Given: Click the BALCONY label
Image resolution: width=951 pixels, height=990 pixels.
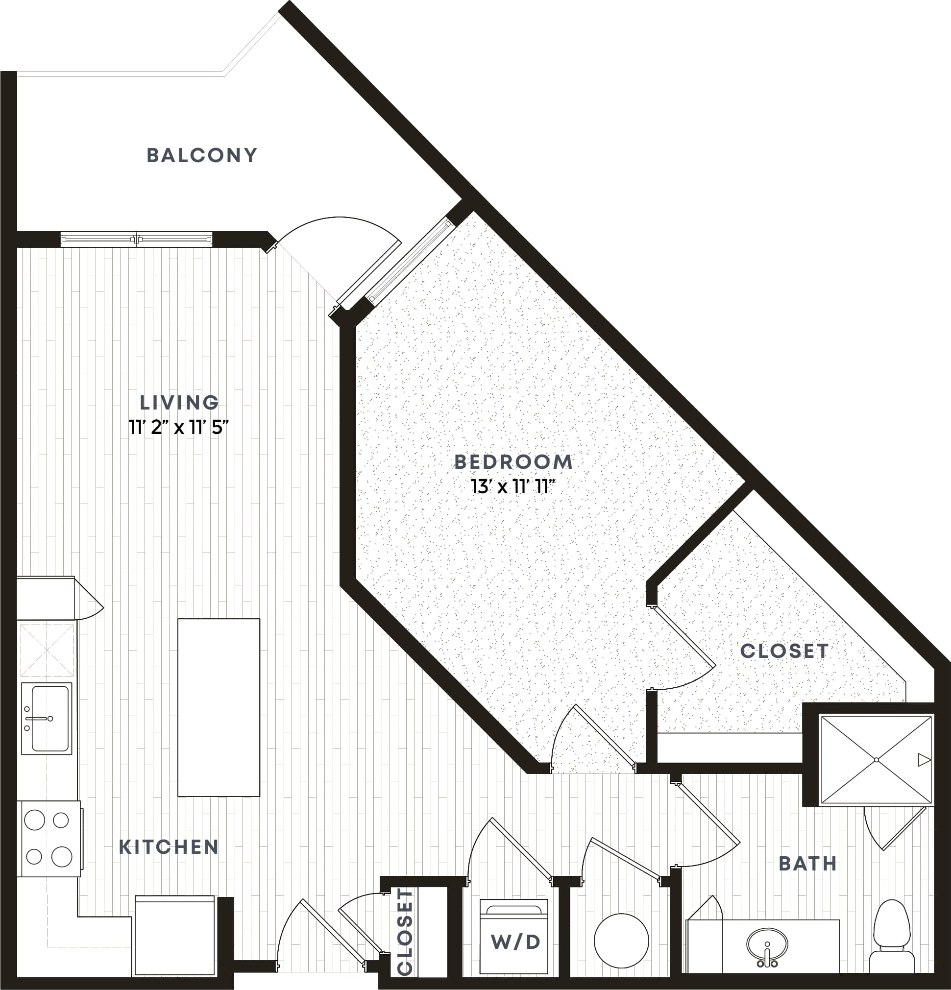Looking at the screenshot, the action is point(202,155).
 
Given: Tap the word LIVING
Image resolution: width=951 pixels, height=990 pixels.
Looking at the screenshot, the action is point(179,403).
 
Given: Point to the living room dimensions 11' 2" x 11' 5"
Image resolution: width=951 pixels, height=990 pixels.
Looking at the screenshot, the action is point(179,428).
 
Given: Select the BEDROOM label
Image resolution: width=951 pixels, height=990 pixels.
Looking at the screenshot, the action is point(513,461).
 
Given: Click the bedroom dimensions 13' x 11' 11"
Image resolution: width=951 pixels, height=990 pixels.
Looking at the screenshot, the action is point(513,487).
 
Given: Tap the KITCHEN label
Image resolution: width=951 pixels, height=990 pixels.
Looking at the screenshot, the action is point(169,847).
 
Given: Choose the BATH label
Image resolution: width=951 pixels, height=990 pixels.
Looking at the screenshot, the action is point(808,864).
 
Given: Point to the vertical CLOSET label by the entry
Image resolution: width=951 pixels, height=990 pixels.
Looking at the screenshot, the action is point(405,932).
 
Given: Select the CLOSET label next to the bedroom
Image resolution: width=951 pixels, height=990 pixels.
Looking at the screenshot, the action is point(784,651).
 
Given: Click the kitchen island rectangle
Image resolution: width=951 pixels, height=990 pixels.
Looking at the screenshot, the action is point(219,707).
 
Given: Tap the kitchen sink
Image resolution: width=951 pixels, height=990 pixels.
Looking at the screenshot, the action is point(47,719).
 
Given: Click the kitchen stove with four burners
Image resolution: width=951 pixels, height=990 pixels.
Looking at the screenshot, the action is point(49,839).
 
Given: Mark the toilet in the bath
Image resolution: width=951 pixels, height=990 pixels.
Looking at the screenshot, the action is point(893,935).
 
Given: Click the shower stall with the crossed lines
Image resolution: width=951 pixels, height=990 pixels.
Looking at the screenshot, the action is point(876,760).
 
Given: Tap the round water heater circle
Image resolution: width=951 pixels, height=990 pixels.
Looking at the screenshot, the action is point(622,941).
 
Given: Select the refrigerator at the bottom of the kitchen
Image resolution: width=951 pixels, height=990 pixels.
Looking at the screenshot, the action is point(175,936).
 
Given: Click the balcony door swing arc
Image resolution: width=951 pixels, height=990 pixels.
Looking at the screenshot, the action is point(340,225).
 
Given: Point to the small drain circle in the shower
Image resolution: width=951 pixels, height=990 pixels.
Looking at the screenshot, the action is point(876,760).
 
